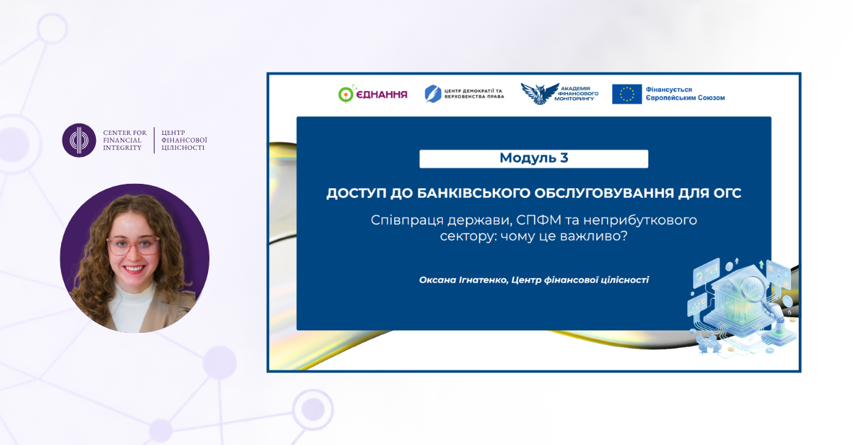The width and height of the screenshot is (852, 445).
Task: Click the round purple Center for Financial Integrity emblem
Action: pos(79,140)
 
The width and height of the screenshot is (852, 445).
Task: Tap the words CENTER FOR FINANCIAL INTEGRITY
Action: pos(125,140)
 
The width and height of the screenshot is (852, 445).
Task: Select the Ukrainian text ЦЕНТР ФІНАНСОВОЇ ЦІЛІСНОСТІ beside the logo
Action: pos(184,140)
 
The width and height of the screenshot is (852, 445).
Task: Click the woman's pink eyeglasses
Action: pos(133,245)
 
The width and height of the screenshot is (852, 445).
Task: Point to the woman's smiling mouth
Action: pos(134,269)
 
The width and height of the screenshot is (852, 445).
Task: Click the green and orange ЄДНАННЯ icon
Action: pos(346,94)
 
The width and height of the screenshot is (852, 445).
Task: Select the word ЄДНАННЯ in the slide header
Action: pos(381,94)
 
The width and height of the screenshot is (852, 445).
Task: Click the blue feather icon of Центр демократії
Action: pos(433,94)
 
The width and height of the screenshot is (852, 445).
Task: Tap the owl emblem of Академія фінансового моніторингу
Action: pos(540,94)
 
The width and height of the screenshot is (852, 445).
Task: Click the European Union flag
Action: pos(627,94)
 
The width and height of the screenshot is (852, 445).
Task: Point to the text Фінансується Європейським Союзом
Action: pos(685,94)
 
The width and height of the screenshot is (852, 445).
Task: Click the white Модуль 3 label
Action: pos(534,158)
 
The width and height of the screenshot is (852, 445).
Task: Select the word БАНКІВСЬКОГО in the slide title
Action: pos(473,193)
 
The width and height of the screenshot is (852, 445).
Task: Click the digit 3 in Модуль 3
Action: pos(564,158)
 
